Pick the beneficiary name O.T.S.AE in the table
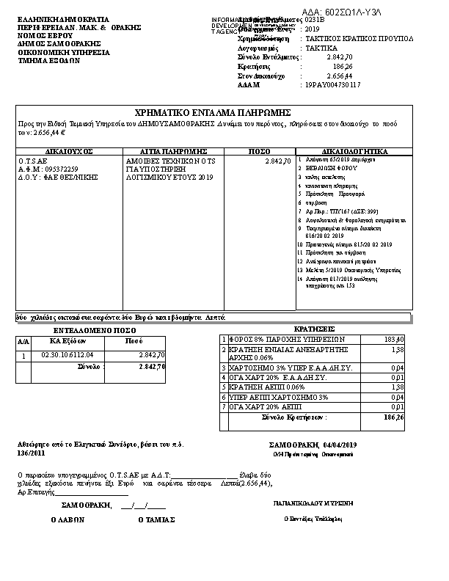coord(33,159)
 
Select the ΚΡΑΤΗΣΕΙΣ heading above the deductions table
coord(314,329)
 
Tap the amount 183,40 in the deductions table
coord(394,340)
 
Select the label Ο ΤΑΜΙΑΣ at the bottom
coord(156,519)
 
